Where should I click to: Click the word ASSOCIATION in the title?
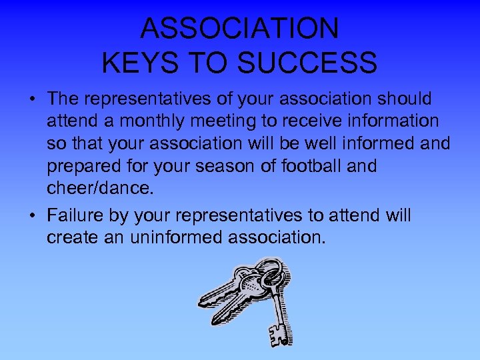[240, 28]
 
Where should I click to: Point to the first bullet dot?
[32, 100]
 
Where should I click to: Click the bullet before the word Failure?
[32, 216]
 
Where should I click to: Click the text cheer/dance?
[100, 187]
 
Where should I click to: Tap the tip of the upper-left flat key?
[201, 304]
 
